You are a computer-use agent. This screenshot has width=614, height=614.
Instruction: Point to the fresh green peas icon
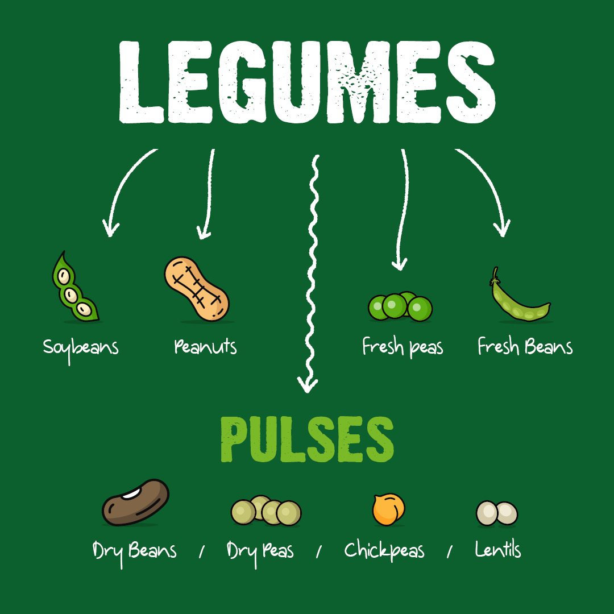point(400,307)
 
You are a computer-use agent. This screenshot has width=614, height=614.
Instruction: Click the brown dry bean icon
point(136,503)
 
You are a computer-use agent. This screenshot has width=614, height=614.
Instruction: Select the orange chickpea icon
point(389,509)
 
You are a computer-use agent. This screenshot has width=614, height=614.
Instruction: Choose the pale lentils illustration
point(497,513)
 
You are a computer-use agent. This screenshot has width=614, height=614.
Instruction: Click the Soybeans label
point(81,347)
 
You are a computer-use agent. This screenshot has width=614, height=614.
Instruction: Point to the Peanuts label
point(205,346)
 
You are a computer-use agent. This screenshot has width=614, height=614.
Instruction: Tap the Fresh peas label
point(403,347)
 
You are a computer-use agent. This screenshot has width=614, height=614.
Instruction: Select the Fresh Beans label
point(525,346)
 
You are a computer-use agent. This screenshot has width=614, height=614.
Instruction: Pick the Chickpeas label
point(384,551)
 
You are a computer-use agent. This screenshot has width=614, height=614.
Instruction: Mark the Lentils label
point(498,550)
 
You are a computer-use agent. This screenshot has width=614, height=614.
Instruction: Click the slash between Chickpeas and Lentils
point(450,551)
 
